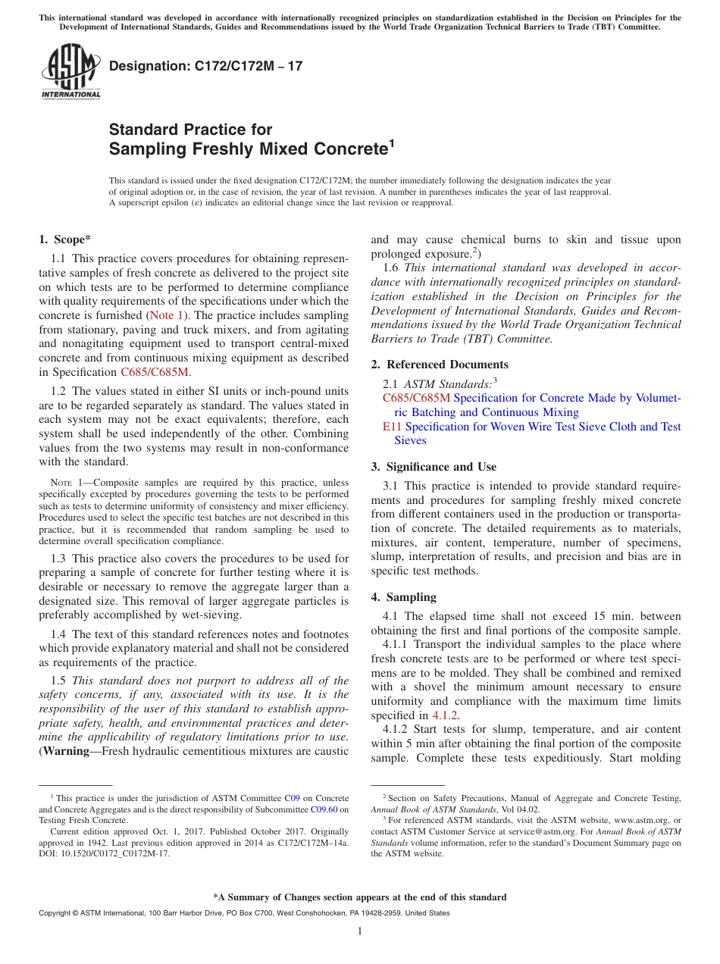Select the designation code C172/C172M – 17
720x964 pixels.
click(205, 66)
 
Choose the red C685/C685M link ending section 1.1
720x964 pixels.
click(155, 372)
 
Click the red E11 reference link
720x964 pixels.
click(391, 427)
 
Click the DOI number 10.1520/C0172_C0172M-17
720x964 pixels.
click(114, 853)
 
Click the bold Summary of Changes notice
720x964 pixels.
click(359, 897)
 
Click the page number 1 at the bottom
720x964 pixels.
click(360, 931)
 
